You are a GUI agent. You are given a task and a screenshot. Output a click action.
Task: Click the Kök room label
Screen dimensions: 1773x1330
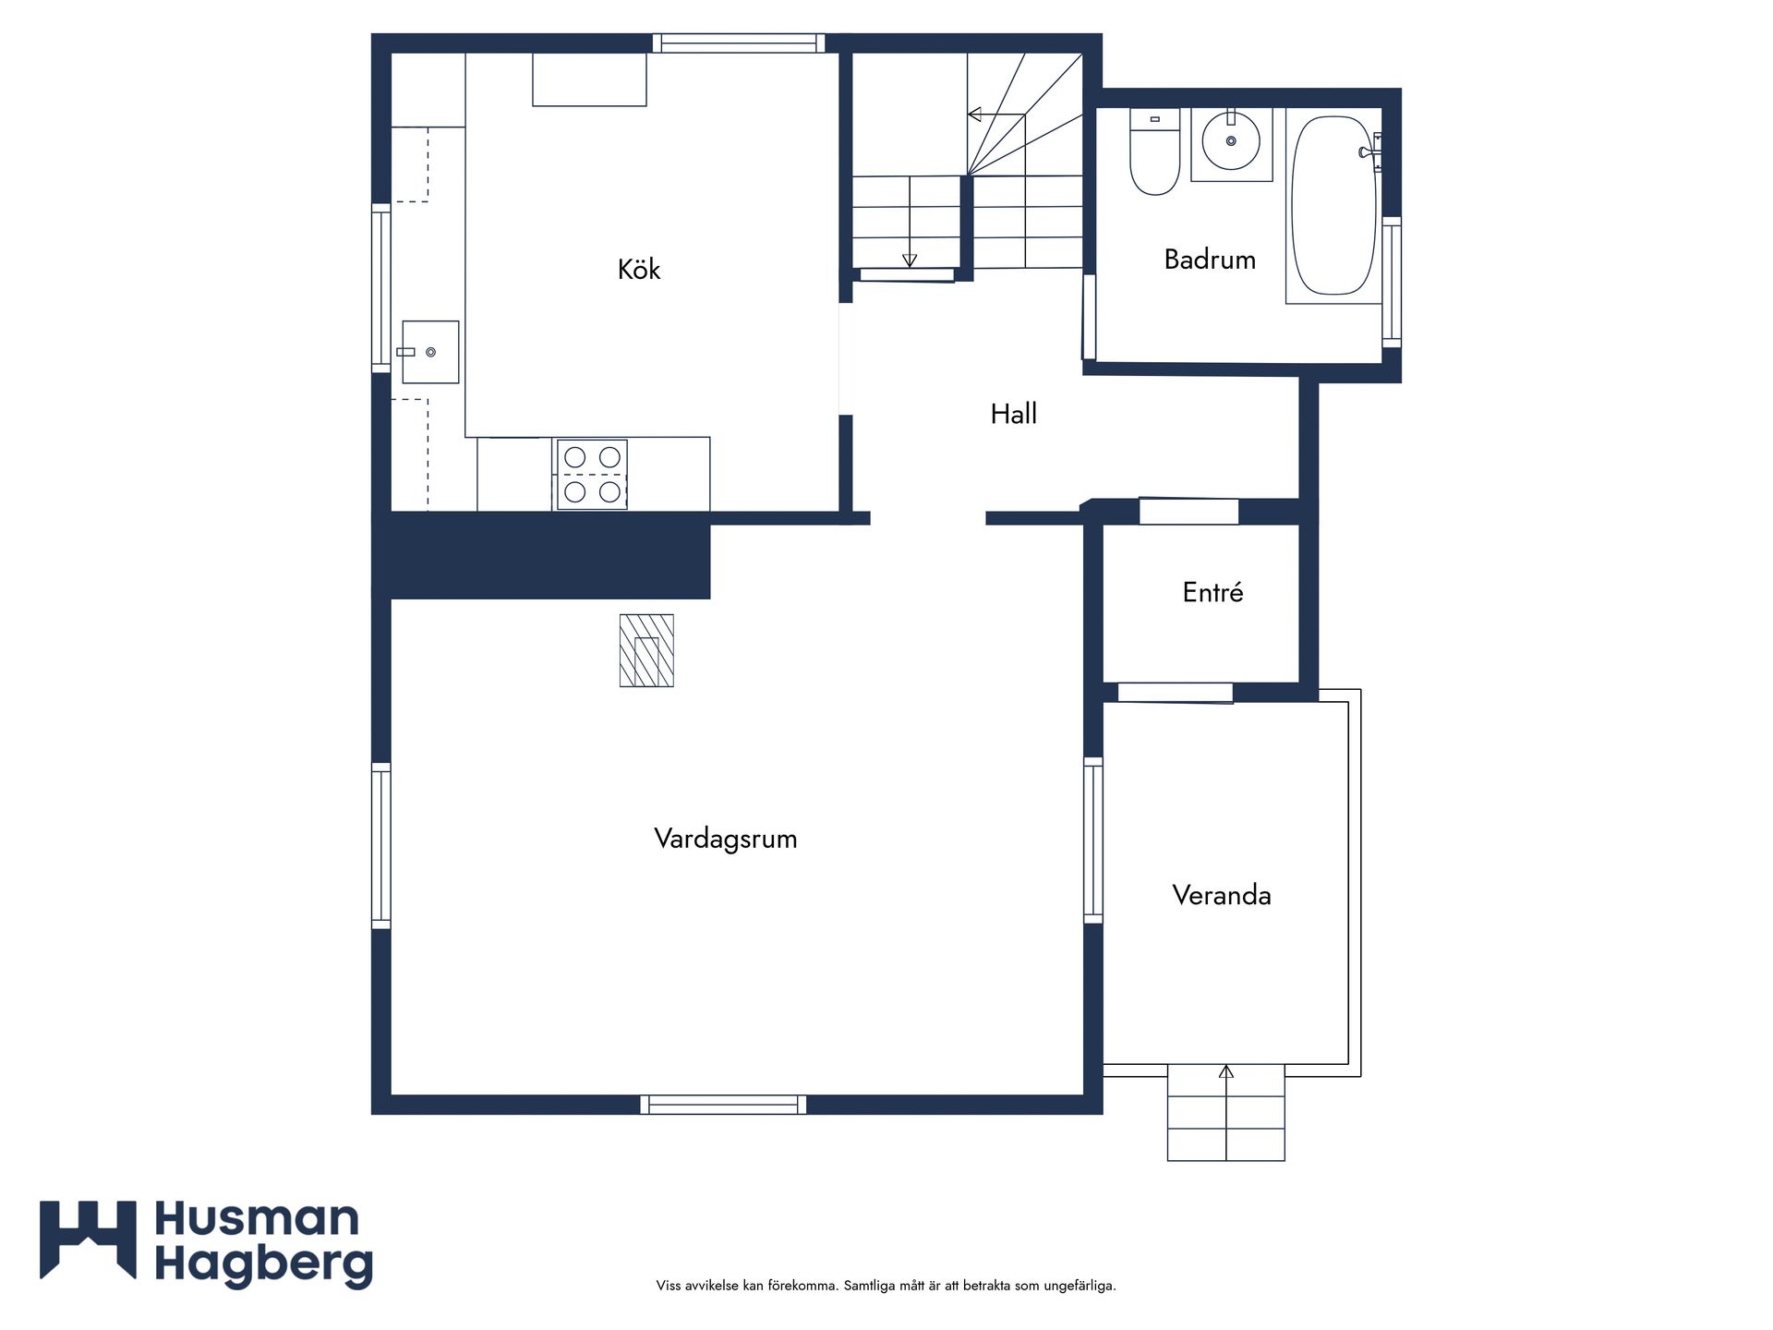click(639, 269)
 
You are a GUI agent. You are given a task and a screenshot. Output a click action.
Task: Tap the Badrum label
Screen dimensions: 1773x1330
click(1210, 260)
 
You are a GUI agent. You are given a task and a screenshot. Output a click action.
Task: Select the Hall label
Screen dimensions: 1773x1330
click(1014, 414)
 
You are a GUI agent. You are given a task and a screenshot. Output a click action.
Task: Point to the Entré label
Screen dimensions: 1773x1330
click(1212, 592)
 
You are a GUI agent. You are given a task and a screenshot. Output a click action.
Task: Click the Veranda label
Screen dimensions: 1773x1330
click(1222, 895)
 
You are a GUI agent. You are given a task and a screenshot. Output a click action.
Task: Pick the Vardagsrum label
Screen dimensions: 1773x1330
click(726, 839)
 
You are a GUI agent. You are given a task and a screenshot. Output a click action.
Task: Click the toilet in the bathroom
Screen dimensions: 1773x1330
click(1154, 151)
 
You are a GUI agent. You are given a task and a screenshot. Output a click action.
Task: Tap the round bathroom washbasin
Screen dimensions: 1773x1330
click(1231, 141)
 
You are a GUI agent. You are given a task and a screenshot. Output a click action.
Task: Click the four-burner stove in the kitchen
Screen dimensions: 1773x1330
click(592, 475)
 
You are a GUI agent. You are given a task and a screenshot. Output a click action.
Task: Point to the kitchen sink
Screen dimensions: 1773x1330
click(430, 352)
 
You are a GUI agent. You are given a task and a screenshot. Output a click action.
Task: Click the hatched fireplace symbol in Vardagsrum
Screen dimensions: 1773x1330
click(646, 650)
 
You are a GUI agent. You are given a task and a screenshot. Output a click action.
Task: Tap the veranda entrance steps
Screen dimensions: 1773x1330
click(1226, 1112)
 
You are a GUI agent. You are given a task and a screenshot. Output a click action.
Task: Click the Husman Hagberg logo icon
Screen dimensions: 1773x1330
click(88, 1240)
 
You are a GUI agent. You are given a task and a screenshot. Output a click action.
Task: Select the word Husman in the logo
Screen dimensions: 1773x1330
click(257, 1219)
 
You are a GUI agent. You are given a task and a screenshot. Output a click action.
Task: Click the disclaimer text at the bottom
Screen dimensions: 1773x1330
click(886, 1286)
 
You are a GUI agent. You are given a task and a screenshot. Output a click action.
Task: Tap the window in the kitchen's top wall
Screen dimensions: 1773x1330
click(739, 43)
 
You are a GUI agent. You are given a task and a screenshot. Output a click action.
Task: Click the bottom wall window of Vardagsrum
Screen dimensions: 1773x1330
click(724, 1105)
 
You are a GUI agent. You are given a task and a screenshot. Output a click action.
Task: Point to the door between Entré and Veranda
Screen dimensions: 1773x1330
click(1176, 693)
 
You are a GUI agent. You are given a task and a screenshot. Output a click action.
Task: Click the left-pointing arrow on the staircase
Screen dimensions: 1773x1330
click(996, 115)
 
